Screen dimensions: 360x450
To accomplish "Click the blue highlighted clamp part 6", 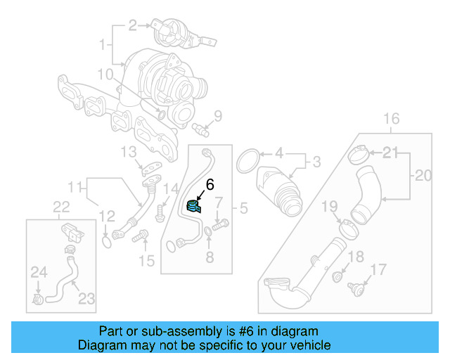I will click(x=193, y=207).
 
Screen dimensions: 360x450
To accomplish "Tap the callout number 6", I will click(x=209, y=186).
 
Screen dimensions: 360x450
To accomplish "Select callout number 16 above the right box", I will click(x=391, y=117).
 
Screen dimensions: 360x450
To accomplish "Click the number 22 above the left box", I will click(x=62, y=205).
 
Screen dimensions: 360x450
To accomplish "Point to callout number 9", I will click(x=217, y=116).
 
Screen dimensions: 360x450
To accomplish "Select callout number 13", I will click(x=128, y=153).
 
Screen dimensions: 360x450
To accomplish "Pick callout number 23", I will click(x=86, y=298).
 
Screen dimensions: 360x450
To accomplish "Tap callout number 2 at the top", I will click(x=132, y=27).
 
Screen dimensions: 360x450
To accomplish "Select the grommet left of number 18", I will click(x=337, y=275).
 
